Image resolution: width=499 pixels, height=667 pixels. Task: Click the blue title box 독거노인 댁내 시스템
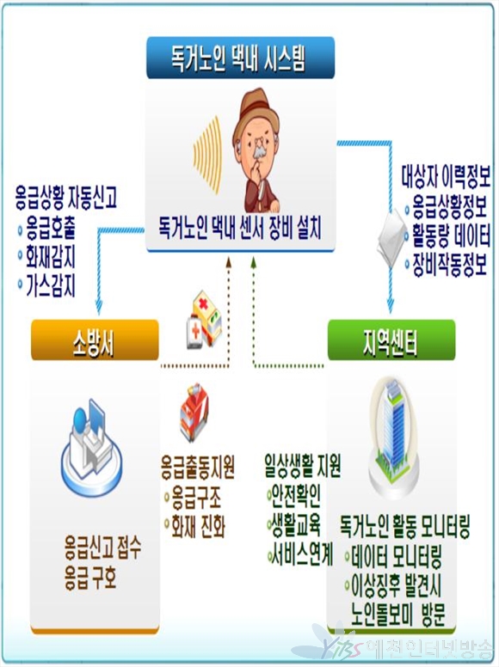[241, 58]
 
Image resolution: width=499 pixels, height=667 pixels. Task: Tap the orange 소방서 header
[95, 340]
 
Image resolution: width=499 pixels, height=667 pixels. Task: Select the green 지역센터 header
[391, 340]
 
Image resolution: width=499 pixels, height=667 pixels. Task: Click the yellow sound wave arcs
[207, 155]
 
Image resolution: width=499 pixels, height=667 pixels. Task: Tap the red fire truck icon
[194, 413]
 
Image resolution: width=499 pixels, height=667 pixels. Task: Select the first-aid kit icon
[204, 320]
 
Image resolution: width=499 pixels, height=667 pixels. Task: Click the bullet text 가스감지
[51, 285]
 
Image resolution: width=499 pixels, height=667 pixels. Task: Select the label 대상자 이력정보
[446, 177]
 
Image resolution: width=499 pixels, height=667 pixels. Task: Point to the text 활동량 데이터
[452, 236]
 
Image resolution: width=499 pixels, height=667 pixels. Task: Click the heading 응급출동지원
[198, 467]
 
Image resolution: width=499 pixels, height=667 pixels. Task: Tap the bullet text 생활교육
[296, 525]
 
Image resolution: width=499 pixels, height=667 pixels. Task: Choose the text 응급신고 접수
[103, 548]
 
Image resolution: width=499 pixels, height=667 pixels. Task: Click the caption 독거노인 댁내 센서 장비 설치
[240, 229]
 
